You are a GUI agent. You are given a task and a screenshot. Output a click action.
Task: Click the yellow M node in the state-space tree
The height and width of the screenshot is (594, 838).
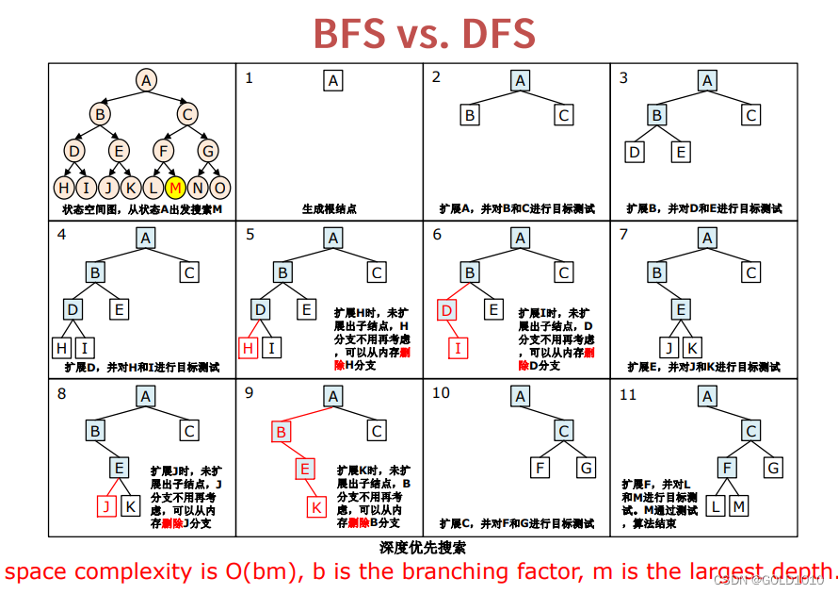pos(175,187)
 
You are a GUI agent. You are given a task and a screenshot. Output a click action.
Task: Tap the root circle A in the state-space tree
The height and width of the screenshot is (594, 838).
pos(145,80)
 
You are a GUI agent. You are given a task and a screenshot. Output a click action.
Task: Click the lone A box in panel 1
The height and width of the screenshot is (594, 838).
pos(332,81)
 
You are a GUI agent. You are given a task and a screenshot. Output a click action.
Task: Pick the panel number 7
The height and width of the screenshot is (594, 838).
pos(623,235)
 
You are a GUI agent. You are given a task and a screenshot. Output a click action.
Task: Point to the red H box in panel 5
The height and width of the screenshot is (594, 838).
pos(249,348)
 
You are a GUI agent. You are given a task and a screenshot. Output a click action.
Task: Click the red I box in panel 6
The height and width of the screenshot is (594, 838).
pos(459,348)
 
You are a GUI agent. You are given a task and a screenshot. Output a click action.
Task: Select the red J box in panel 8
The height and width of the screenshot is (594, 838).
pos(107,506)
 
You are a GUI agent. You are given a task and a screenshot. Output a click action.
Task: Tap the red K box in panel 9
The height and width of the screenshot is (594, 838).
pos(317,506)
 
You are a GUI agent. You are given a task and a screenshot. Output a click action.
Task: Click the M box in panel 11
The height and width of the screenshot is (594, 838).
pos(739,506)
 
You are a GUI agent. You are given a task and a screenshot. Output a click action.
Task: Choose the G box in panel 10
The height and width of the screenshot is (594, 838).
pos(587,468)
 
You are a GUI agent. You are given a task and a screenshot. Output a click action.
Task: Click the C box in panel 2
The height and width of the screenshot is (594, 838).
pos(563,115)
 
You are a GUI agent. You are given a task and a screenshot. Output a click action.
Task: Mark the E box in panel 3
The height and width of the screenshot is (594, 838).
pos(681,152)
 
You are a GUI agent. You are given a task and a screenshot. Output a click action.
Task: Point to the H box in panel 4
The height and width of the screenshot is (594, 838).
pos(62,348)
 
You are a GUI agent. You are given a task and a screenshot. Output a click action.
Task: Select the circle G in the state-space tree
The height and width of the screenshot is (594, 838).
pos(208,149)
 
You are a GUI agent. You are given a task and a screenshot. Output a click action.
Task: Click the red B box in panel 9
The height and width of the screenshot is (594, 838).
pos(281,432)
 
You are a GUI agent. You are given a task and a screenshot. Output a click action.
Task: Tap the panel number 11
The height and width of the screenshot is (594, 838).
pos(628,394)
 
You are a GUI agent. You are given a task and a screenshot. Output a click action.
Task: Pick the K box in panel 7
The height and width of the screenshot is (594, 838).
pos(691,348)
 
